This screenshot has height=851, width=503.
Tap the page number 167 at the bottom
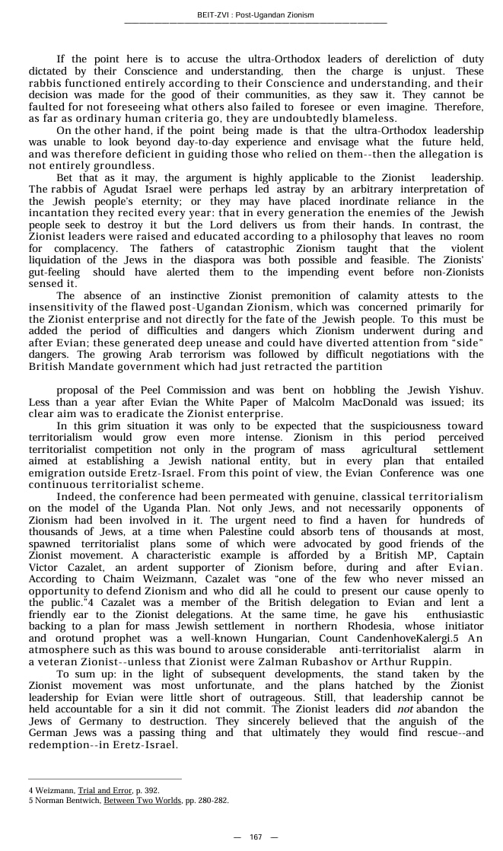tap(256, 837)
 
